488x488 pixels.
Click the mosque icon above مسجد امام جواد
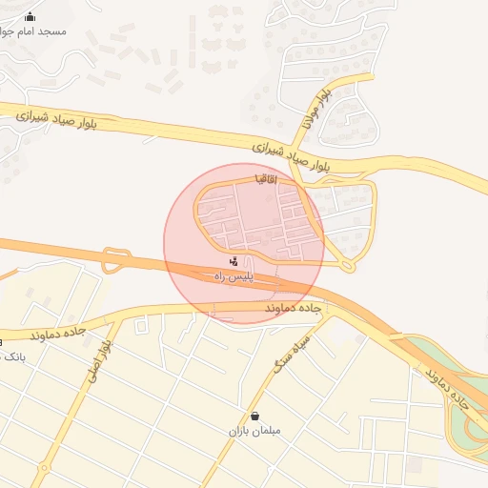(30, 16)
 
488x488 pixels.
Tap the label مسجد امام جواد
(36, 30)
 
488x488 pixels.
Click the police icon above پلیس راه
(234, 260)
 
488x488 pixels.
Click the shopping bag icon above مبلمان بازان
(254, 416)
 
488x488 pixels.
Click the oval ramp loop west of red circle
(115, 259)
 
